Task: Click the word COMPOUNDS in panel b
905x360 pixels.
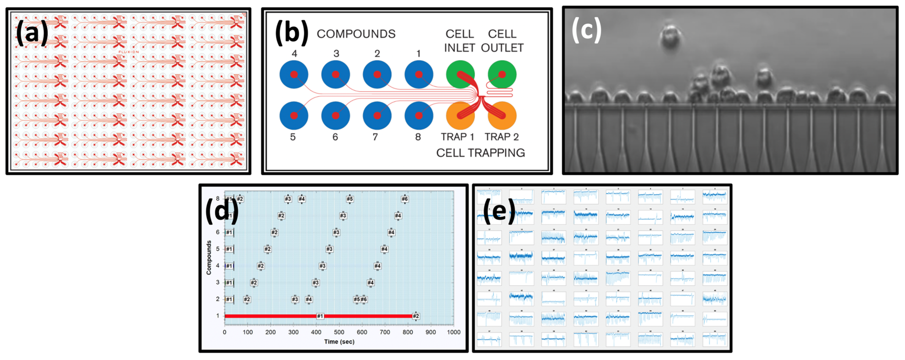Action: [x=356, y=34]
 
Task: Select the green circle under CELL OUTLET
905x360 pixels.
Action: [x=502, y=75]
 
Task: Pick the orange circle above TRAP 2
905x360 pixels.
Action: [x=502, y=116]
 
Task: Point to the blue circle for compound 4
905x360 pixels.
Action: [x=294, y=75]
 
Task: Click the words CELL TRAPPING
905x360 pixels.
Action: [x=480, y=153]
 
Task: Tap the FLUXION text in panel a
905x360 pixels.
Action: [x=129, y=52]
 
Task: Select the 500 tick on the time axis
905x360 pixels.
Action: [x=339, y=332]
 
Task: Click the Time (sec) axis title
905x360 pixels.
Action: [x=339, y=341]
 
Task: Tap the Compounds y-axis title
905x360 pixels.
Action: [x=209, y=257]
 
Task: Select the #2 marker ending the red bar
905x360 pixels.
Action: [x=416, y=316]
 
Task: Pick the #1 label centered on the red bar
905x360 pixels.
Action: [x=320, y=316]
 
